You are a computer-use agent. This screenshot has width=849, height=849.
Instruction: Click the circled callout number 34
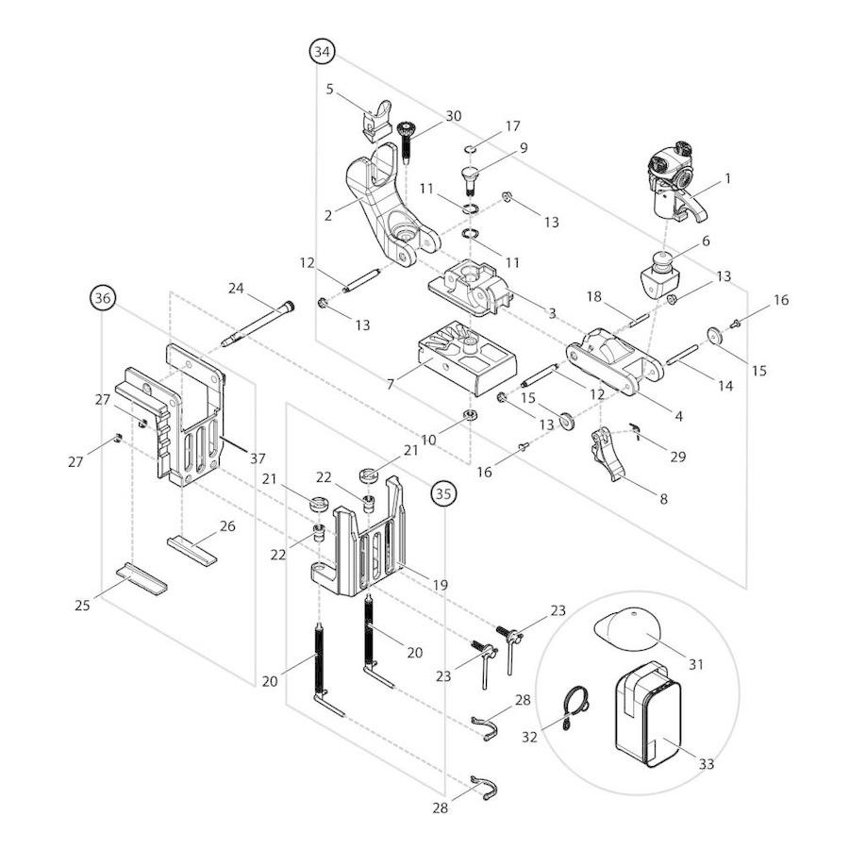pos(323,52)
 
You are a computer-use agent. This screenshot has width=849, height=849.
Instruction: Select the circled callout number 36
pos(103,298)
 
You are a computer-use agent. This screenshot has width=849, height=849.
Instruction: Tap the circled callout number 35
pos(443,491)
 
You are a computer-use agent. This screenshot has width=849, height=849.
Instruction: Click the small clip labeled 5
pos(375,115)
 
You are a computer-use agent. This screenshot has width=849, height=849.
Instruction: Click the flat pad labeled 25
pos(141,577)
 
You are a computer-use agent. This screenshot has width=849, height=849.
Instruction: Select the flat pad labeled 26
pos(192,548)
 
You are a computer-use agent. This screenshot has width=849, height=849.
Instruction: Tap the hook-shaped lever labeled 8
pos(611,454)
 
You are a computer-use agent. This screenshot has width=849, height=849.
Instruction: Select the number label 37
pos(257,458)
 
